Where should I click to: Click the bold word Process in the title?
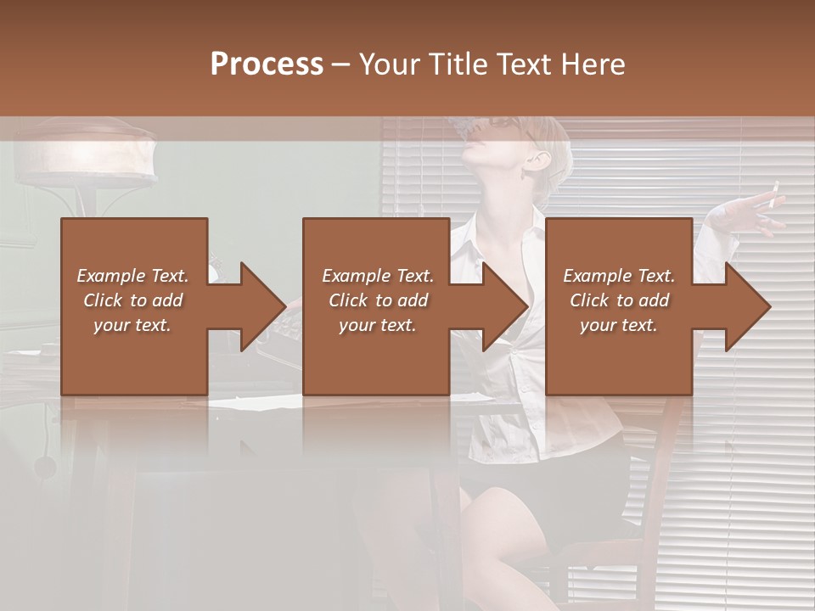(267, 64)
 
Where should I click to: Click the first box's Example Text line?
(132, 276)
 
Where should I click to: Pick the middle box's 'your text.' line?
(377, 325)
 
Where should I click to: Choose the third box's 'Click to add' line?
(619, 300)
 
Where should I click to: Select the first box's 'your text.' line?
(132, 325)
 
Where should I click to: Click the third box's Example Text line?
(619, 276)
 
